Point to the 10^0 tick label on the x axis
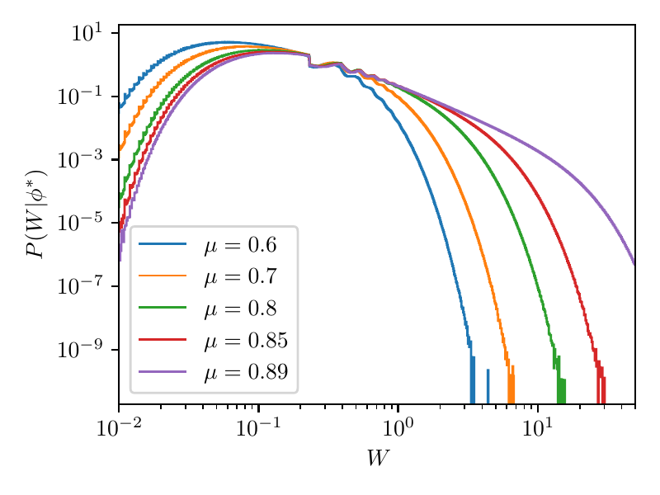click(x=398, y=428)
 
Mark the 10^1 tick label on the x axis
click(x=537, y=428)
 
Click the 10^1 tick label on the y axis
click(x=86, y=34)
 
